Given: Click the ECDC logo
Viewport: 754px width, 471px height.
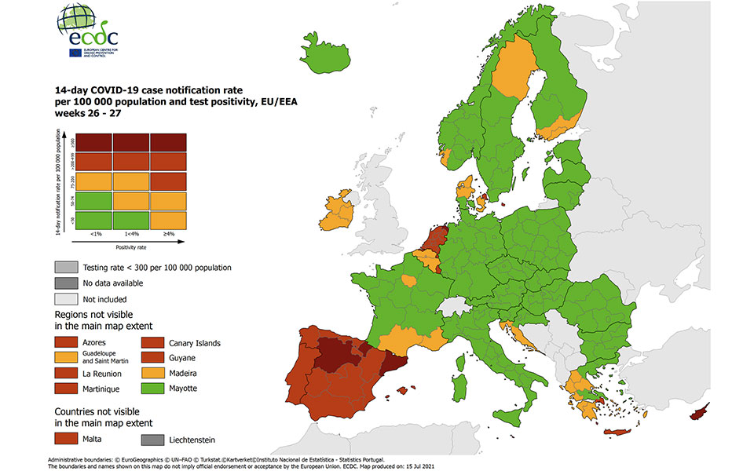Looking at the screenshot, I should click(84, 31).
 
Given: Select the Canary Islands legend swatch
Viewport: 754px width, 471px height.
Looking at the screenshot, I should click(153, 343).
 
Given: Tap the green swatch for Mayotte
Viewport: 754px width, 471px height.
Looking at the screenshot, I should click(153, 389).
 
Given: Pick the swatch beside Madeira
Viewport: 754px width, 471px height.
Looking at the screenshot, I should click(153, 374).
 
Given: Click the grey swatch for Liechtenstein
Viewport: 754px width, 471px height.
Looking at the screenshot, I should click(153, 440).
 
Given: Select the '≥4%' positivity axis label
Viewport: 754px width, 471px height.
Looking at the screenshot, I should click(169, 233).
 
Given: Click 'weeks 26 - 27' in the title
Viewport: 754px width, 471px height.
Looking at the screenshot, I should click(88, 113).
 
